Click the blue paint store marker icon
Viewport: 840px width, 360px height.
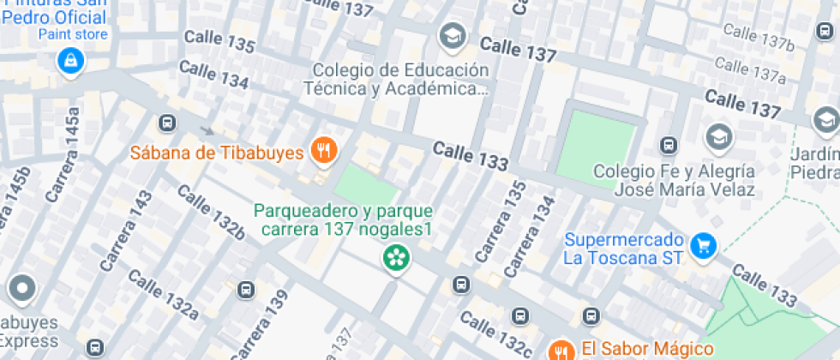pos(69,60)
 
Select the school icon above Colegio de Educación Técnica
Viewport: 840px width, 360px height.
pos(451,36)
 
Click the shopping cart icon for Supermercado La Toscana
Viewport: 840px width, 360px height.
pos(703,246)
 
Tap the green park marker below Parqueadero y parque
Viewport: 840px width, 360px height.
pos(395,256)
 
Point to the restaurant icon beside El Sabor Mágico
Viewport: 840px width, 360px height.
pos(561,350)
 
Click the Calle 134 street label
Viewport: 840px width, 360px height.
pos(214,75)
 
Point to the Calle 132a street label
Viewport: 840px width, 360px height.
pos(163,294)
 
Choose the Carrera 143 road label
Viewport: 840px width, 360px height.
pos(125,232)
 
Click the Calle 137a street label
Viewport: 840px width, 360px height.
pos(750,69)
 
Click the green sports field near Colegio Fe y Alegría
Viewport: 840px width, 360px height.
pos(597,143)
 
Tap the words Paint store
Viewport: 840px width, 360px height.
pos(73,34)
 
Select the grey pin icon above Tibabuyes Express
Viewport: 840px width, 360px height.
pos(21,289)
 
